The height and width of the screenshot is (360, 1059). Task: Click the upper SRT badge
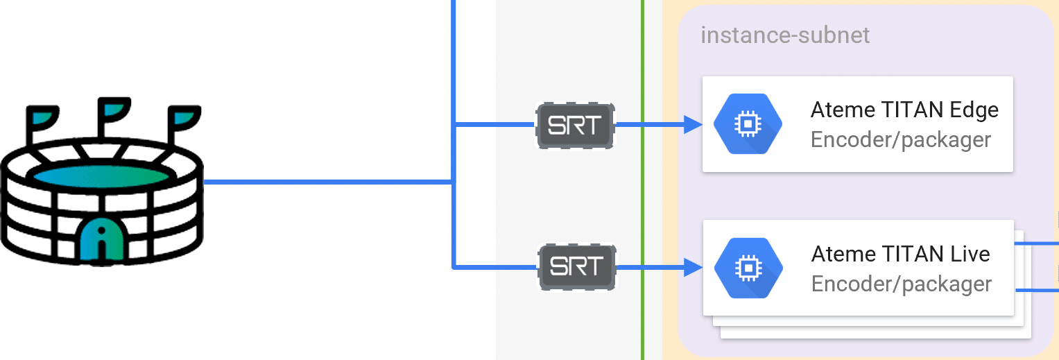coord(576,126)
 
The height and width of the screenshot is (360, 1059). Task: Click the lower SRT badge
coord(577,266)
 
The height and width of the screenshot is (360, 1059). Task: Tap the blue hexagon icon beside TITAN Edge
coord(748,124)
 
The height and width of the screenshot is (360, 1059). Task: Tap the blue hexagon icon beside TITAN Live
coord(748,267)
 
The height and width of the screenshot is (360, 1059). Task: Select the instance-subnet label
coord(784,35)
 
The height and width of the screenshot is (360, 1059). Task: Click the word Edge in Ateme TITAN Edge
coord(973,110)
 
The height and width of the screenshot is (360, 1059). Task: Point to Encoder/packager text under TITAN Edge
coord(900,139)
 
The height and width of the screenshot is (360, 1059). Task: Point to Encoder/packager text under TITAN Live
coord(901,284)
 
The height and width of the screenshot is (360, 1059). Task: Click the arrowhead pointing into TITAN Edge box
coord(694,125)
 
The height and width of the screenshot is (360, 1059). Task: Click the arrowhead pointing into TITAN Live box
coord(694,267)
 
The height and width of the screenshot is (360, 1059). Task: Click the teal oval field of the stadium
coord(101,176)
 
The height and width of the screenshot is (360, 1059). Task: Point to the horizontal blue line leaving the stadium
coord(326,182)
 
